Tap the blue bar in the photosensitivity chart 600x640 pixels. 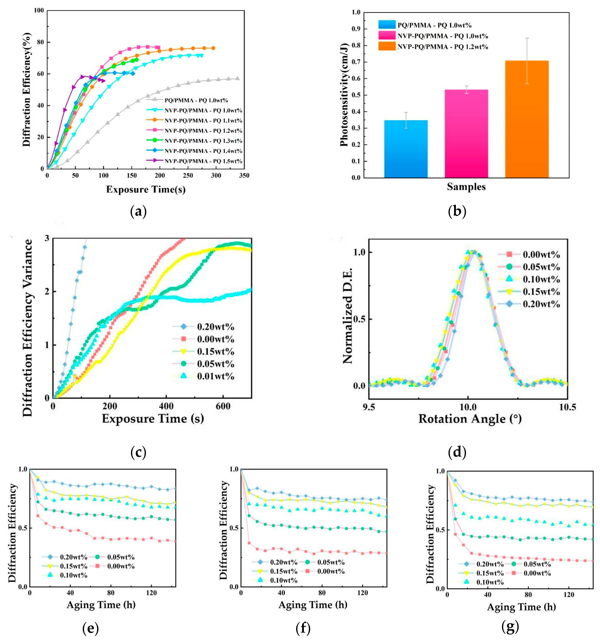[x=406, y=149]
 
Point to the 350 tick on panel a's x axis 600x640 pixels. [x=244, y=175]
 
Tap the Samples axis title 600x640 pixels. [x=466, y=187]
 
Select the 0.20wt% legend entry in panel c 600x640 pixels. [x=203, y=327]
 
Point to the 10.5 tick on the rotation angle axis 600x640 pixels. [x=567, y=407]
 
